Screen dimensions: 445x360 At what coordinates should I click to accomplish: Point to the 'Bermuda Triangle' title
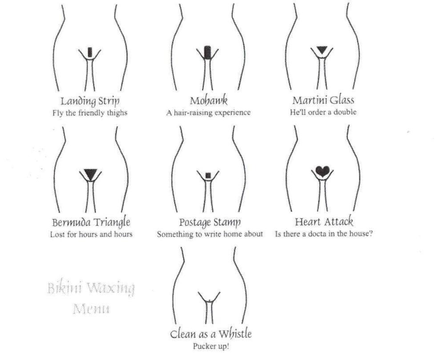91,222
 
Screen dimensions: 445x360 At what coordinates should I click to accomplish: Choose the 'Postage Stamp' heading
210,222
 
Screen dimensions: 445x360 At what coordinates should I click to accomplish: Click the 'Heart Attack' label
324,222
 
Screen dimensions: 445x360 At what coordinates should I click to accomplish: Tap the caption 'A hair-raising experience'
208,113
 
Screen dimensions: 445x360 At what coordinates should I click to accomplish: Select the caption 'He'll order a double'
323,113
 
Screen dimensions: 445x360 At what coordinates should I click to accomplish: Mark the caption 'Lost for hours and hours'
91,234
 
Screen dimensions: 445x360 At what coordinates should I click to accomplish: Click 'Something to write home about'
210,234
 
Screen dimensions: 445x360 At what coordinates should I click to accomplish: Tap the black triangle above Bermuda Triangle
91,173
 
